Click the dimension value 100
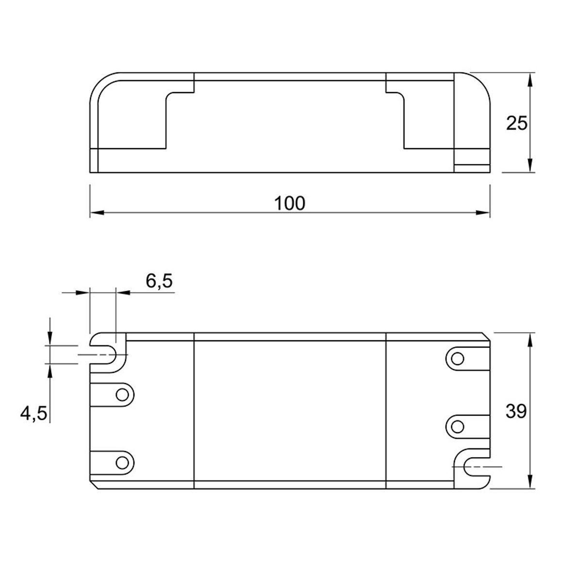(x=289, y=203)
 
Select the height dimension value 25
(x=517, y=123)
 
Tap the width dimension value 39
(x=516, y=412)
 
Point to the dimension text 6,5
(x=159, y=281)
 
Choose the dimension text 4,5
(x=33, y=414)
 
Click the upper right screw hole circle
(x=458, y=359)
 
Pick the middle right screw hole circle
(x=458, y=427)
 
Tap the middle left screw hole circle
(x=122, y=395)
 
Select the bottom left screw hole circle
(x=122, y=462)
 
